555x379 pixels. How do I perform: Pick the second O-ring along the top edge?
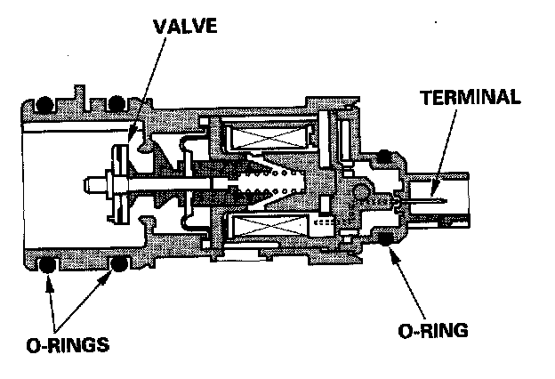(x=116, y=103)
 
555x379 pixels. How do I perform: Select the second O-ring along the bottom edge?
(x=116, y=265)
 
